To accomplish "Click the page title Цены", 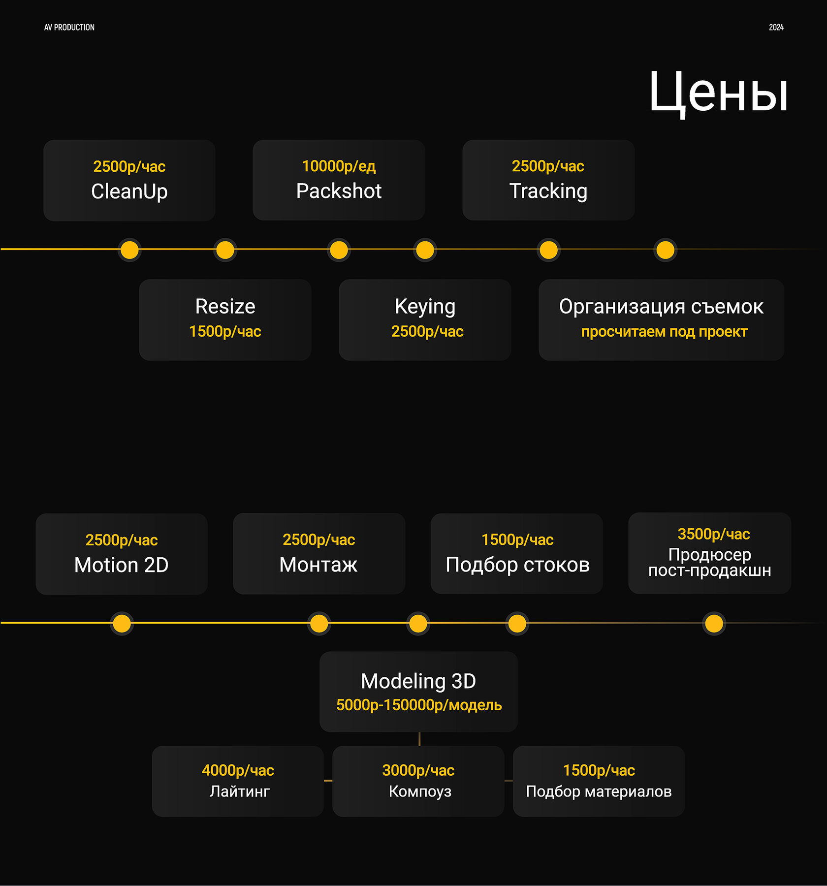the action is (718, 93).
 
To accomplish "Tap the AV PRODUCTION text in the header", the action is (69, 28).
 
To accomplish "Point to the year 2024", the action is (776, 28).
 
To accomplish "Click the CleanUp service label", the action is (129, 191).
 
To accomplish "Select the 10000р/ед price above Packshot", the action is (339, 166).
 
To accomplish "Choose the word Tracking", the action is (548, 191).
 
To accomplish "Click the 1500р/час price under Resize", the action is (225, 331).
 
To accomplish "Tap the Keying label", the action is (425, 307).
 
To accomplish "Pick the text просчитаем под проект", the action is (664, 332).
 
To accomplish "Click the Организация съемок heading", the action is (661, 307).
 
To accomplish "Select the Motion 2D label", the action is (122, 565).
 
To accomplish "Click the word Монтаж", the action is (318, 565).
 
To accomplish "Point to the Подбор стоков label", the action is (517, 565).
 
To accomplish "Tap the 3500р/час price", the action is (714, 534).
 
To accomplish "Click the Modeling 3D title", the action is (418, 681).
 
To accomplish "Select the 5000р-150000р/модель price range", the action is (419, 705).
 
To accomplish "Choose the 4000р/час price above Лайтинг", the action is (238, 770).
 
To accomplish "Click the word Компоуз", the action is (420, 791).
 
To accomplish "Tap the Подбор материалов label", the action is (599, 791).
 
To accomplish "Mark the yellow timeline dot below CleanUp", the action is (129, 250).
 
